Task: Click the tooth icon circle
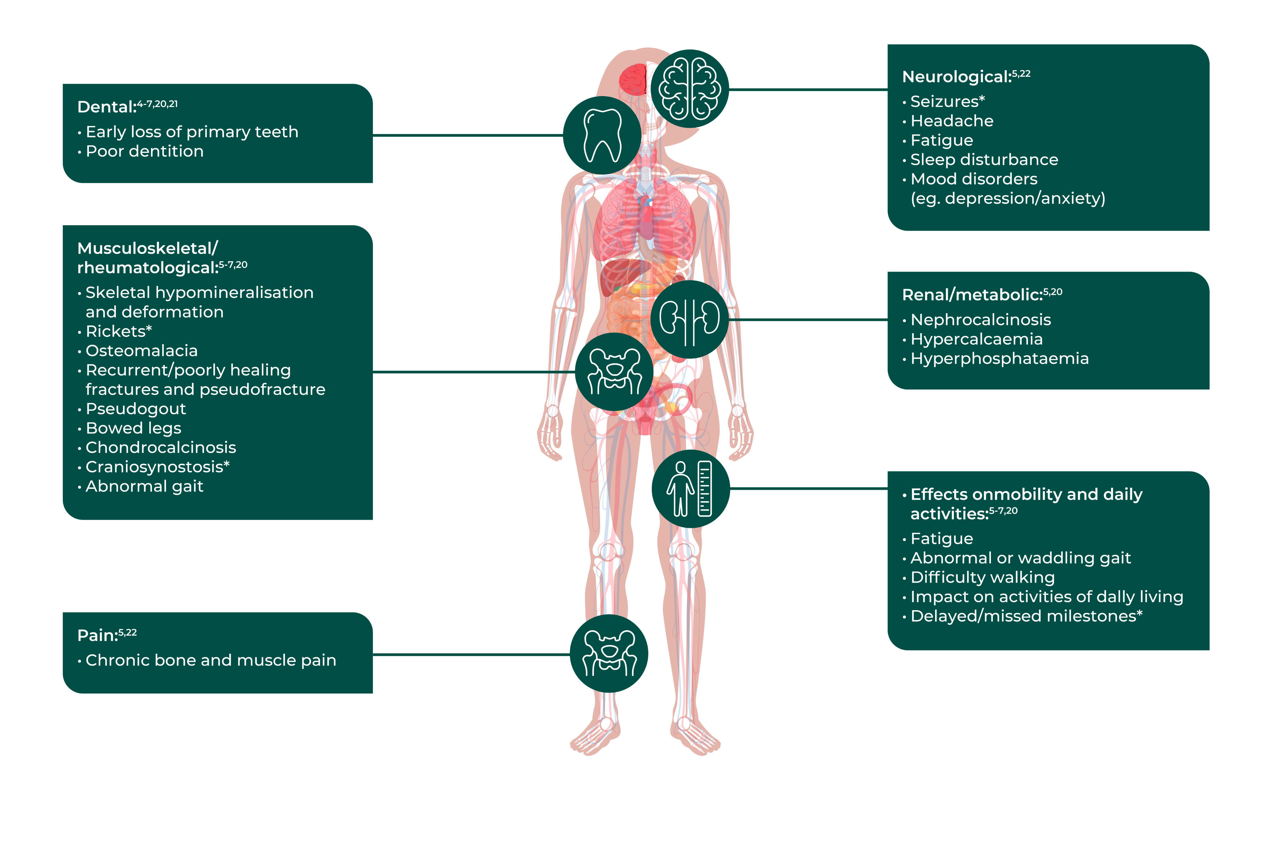pyautogui.click(x=602, y=135)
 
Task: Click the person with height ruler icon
pyautogui.click(x=691, y=489)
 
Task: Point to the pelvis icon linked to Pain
pyautogui.click(x=609, y=654)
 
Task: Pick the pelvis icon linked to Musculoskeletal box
pyautogui.click(x=614, y=371)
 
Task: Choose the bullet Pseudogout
pyautogui.click(x=136, y=409)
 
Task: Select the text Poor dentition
pyautogui.click(x=145, y=151)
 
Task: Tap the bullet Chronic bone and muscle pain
pyautogui.click(x=211, y=660)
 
